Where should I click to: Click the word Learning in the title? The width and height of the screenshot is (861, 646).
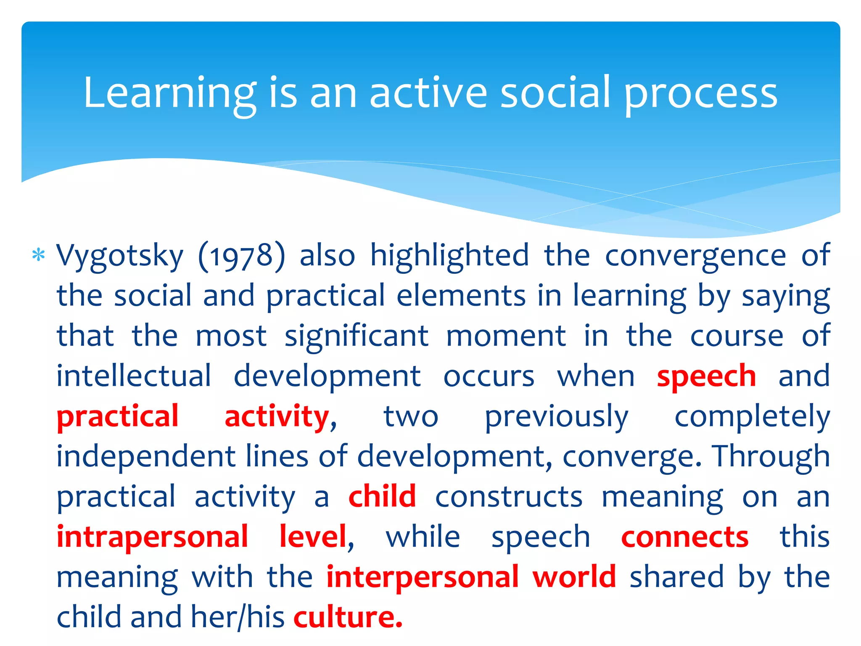(169, 93)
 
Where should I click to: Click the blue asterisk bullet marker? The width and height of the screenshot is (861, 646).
(39, 255)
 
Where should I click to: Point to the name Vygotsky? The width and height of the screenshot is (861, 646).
(120, 256)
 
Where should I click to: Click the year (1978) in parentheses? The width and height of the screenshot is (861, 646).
(242, 256)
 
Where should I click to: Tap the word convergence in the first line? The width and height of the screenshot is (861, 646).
(695, 256)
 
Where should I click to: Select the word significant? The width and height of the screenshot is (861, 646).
(357, 336)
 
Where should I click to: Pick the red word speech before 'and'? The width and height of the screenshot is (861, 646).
(706, 377)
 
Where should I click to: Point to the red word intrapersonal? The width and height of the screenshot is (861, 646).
(152, 537)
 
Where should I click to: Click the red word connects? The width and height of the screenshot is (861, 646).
(685, 537)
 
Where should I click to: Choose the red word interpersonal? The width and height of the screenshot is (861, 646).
(423, 577)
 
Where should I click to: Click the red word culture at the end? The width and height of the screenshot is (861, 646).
(347, 617)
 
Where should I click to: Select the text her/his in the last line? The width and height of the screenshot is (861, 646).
(238, 617)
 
